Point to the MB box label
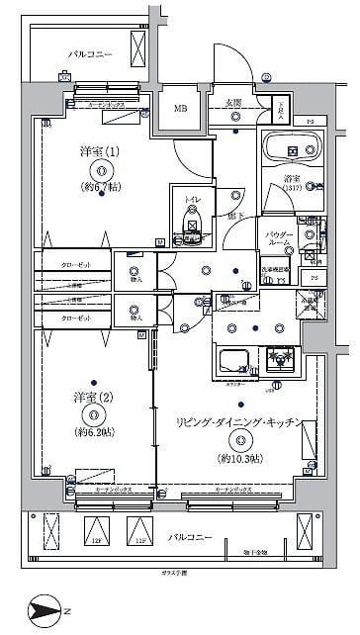(181, 109)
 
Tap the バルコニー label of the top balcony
(90, 53)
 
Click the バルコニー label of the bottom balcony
(188, 536)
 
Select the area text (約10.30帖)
(240, 459)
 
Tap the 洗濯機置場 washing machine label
(274, 269)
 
